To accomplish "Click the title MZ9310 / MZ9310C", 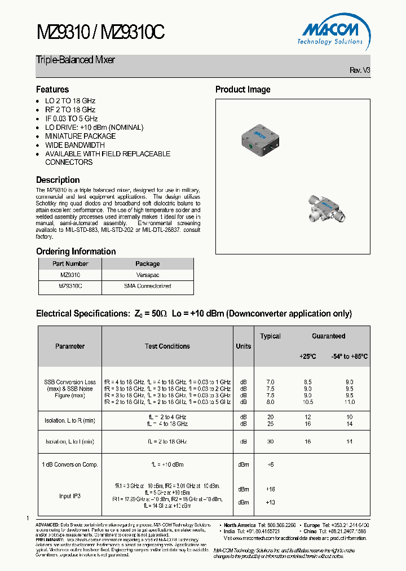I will pos(100,32).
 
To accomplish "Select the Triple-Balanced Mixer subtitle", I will pos(76,60).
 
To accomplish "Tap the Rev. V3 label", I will pos(360,70).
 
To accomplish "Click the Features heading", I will pos(52,89).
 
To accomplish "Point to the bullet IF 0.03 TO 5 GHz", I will pos(71,118).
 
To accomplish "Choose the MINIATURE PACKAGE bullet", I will pos(80,136).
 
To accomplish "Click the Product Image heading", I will pos(242,89).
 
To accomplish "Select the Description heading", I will pos(58,180).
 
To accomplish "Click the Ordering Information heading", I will pos(76,251).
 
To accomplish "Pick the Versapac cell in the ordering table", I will pos(148,275).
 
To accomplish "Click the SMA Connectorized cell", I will pos(148,286).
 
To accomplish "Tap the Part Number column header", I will pos(70,263).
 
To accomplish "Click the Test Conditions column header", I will pos(167,346).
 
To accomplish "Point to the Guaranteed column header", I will pos(328,336).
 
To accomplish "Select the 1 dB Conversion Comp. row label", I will pos(70,464).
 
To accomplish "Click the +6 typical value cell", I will pos(270,464).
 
